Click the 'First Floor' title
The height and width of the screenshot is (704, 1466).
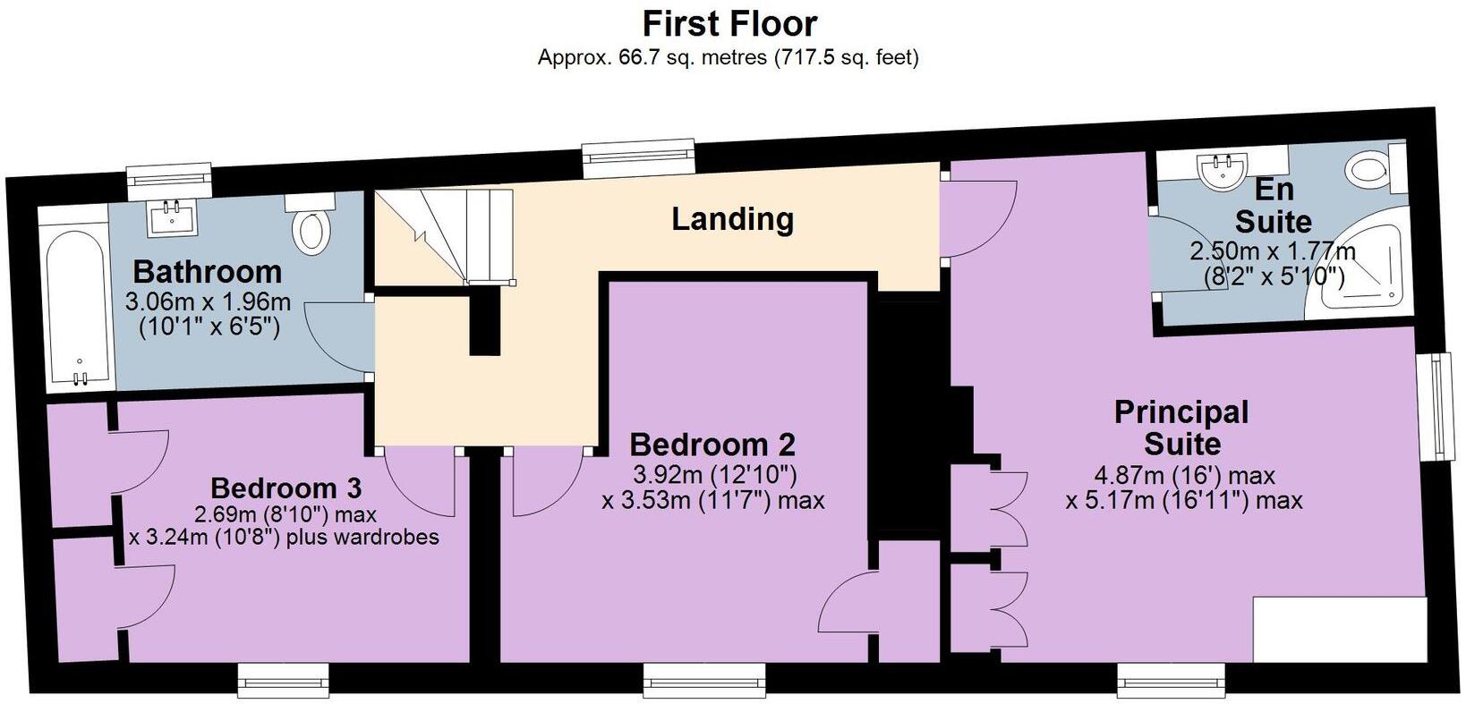click(x=729, y=24)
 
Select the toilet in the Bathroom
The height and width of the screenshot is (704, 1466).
click(x=311, y=223)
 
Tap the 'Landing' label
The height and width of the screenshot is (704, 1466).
click(x=732, y=218)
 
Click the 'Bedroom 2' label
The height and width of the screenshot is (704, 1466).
click(x=712, y=445)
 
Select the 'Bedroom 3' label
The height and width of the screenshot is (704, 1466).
click(x=286, y=488)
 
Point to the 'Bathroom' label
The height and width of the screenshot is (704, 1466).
click(x=208, y=272)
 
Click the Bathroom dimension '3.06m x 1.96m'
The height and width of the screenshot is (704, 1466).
click(x=208, y=302)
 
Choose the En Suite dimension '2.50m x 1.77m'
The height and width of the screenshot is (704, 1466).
click(x=1273, y=251)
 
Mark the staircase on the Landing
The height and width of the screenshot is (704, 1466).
click(x=444, y=237)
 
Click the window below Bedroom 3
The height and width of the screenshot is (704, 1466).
click(x=283, y=681)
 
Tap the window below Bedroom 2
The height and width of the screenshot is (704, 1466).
click(x=704, y=681)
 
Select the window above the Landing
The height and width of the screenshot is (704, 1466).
click(x=638, y=157)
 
